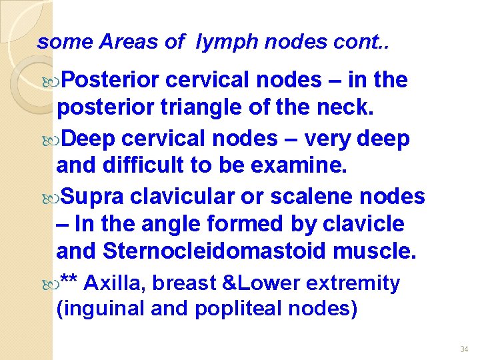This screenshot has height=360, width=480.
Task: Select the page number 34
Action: click(x=464, y=349)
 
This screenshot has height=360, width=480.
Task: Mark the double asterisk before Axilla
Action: click(x=69, y=281)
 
